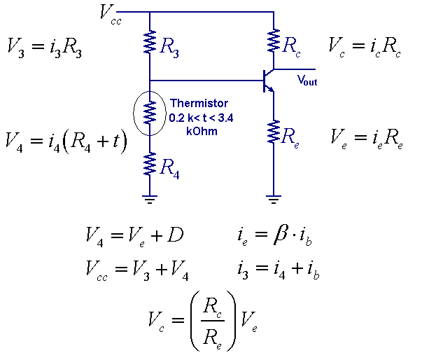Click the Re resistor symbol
273,132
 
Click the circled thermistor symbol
150,112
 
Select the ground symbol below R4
150,199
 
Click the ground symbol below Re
273,199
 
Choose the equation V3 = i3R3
44,47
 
